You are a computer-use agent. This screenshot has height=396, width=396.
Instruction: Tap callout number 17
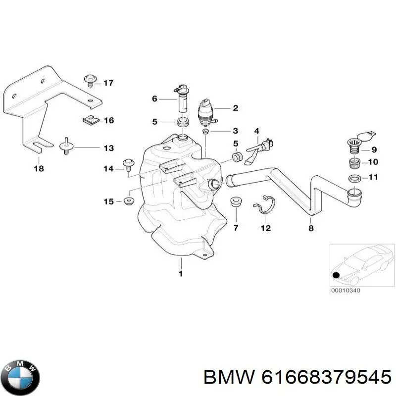point(108,83)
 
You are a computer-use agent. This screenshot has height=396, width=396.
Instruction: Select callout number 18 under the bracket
point(39,168)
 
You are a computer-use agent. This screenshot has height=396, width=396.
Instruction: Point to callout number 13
point(108,148)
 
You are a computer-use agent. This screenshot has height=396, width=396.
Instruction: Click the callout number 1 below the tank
point(180,273)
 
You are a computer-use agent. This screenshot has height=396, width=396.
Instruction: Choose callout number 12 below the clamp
point(266,228)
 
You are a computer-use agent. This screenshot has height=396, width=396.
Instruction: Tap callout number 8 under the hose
point(311,228)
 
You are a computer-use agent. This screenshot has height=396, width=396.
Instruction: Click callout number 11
point(374,177)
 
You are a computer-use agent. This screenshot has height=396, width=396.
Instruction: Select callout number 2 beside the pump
point(236,108)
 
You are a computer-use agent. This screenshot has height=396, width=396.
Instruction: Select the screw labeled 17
point(90,79)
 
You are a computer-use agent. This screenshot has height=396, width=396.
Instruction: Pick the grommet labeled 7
point(236,203)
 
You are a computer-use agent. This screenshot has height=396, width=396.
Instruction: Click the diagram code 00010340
point(346,291)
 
